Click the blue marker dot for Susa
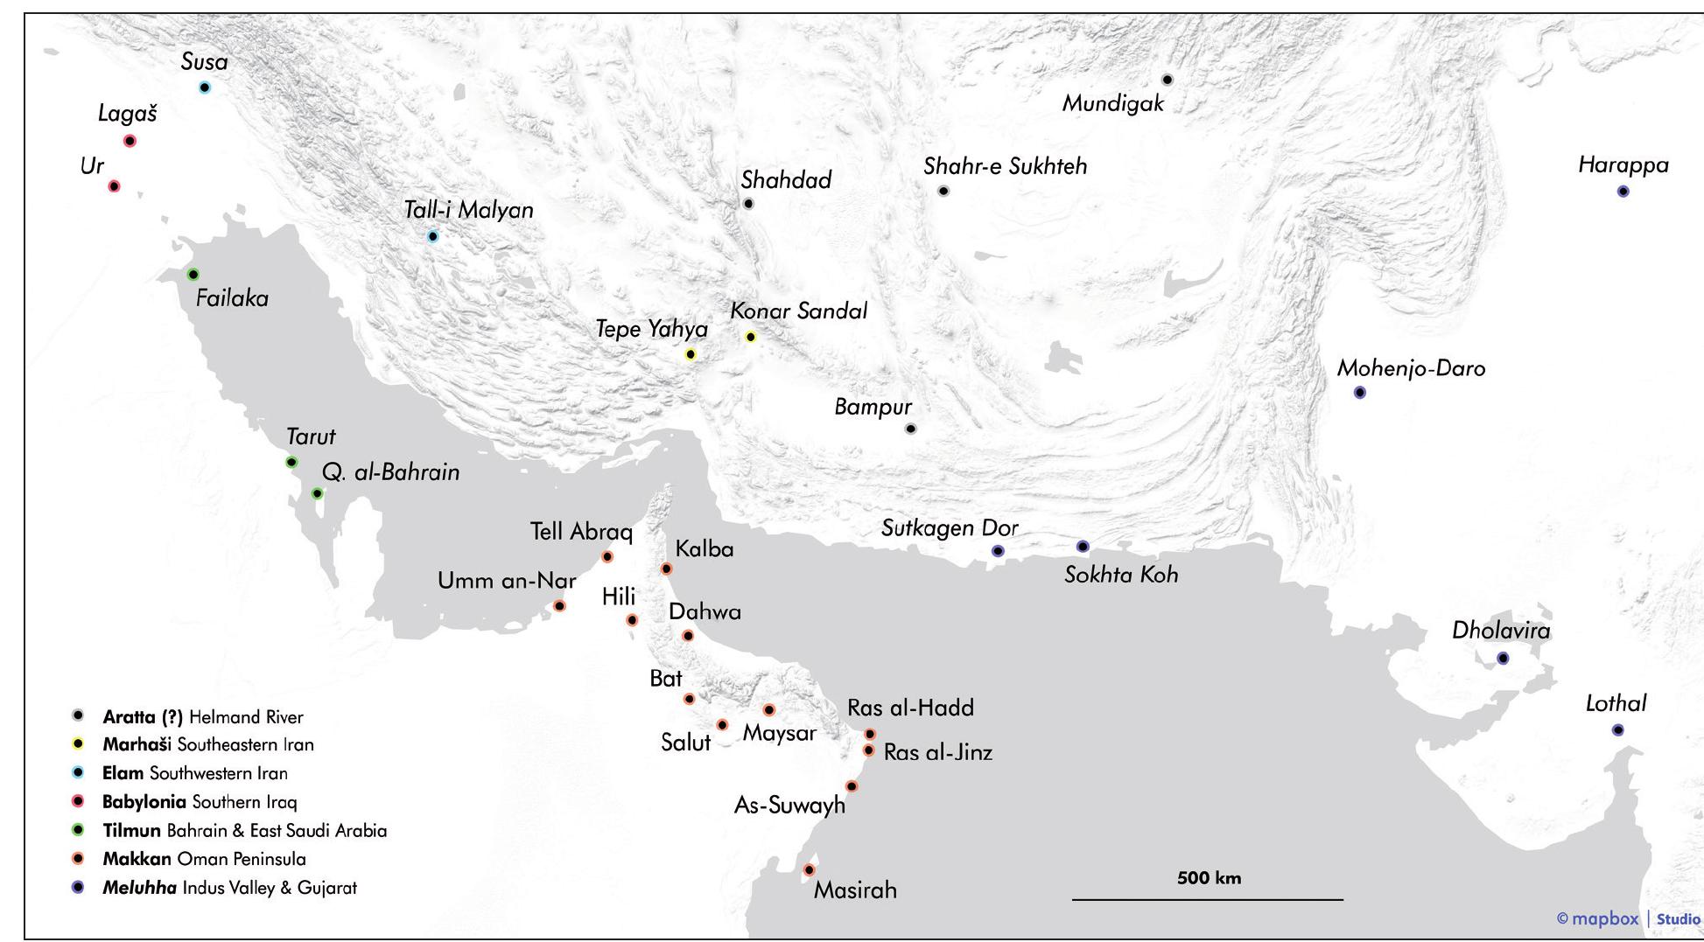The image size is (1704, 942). coord(205,87)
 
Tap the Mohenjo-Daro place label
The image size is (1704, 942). coord(1411,368)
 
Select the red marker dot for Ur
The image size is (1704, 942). coord(114,186)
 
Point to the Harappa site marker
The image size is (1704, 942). coord(1623,192)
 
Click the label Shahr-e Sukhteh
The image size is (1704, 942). coord(1005,166)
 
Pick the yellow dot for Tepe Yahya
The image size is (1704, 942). coord(691,354)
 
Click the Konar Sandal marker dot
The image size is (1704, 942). coord(750,337)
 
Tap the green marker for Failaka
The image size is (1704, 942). coord(193,275)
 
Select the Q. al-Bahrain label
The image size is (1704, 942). coord(390,472)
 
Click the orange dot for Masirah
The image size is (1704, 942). coord(809,870)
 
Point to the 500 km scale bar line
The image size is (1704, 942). coord(1208,899)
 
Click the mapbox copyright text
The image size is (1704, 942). coord(1597,918)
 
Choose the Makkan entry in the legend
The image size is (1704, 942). coord(137,859)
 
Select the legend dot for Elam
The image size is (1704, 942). coord(78,772)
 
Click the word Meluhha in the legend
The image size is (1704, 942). coord(139,888)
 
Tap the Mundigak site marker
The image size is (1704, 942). coord(1167,80)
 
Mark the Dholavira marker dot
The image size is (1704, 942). coord(1503,658)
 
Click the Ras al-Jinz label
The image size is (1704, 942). coord(937,753)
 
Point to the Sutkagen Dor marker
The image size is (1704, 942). coord(998,550)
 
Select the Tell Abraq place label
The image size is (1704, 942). coord(581,532)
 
